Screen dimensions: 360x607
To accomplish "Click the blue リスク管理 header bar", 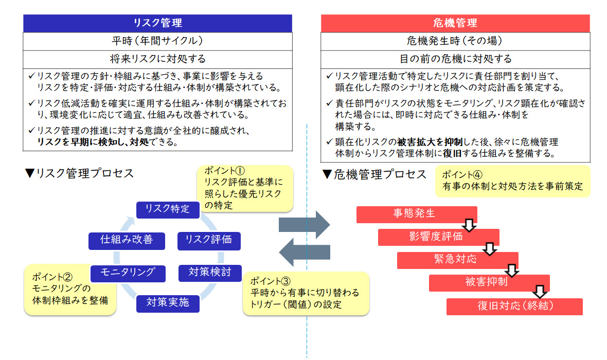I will click(x=158, y=23).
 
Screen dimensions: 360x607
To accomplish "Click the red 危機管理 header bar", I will click(x=455, y=23).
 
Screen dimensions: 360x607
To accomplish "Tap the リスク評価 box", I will click(x=208, y=240).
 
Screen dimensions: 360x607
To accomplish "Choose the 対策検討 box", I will click(x=210, y=272).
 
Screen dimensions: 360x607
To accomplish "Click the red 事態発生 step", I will click(x=417, y=214).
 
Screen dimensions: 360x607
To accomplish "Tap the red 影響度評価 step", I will click(x=438, y=237).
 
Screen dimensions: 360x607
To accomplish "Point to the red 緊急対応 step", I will click(x=457, y=260).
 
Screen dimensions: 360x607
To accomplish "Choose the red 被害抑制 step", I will click(x=489, y=283).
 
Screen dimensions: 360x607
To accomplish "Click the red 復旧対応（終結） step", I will click(x=514, y=307).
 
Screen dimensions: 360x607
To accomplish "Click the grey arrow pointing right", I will click(x=304, y=224).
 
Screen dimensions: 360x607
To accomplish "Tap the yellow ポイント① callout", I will click(x=245, y=188).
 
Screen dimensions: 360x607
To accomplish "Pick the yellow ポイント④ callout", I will click(x=512, y=181).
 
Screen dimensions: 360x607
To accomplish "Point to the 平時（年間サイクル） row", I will click(x=158, y=41).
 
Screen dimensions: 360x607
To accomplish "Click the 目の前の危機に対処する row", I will click(x=455, y=59).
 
